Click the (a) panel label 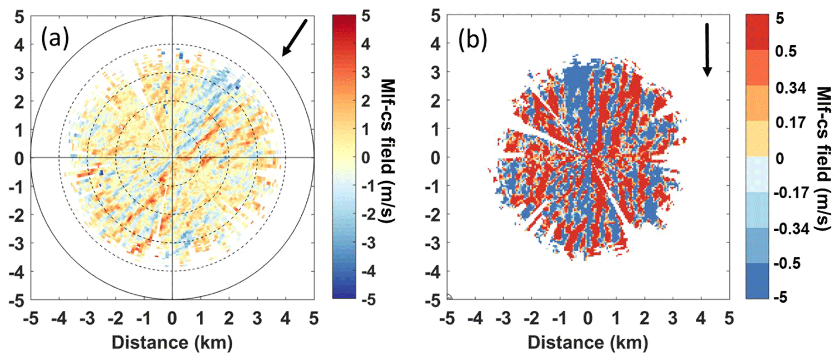click(55, 40)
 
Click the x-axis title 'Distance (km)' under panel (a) click(172, 342)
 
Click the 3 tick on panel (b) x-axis click(673, 319)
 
